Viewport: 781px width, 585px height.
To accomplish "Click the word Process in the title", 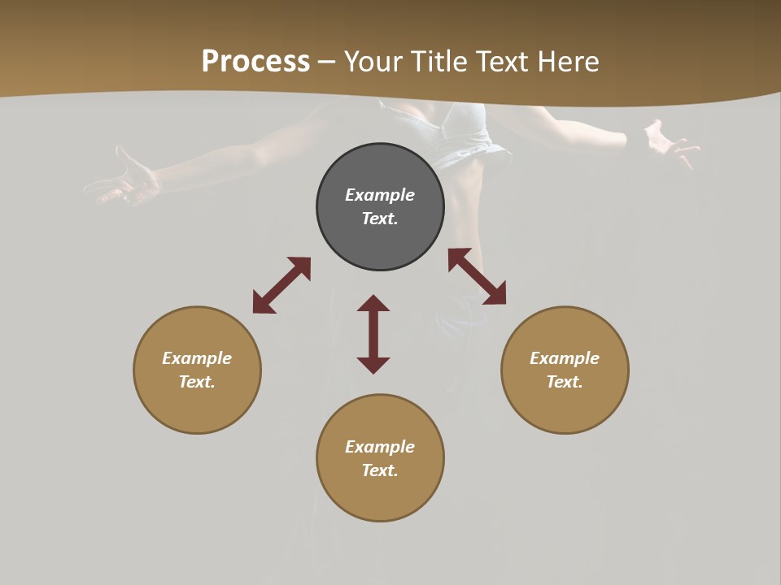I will click(255, 62).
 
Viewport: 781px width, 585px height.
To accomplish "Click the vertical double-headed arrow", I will click(373, 334).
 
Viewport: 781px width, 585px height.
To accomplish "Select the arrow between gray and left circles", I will click(281, 285).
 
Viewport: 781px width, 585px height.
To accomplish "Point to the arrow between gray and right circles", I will click(477, 276).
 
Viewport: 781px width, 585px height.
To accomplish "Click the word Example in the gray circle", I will click(380, 195).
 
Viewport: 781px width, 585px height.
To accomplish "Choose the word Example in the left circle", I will click(197, 358).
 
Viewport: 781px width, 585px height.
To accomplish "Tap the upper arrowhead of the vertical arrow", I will click(373, 303).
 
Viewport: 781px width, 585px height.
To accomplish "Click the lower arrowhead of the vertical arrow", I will click(373, 365).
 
